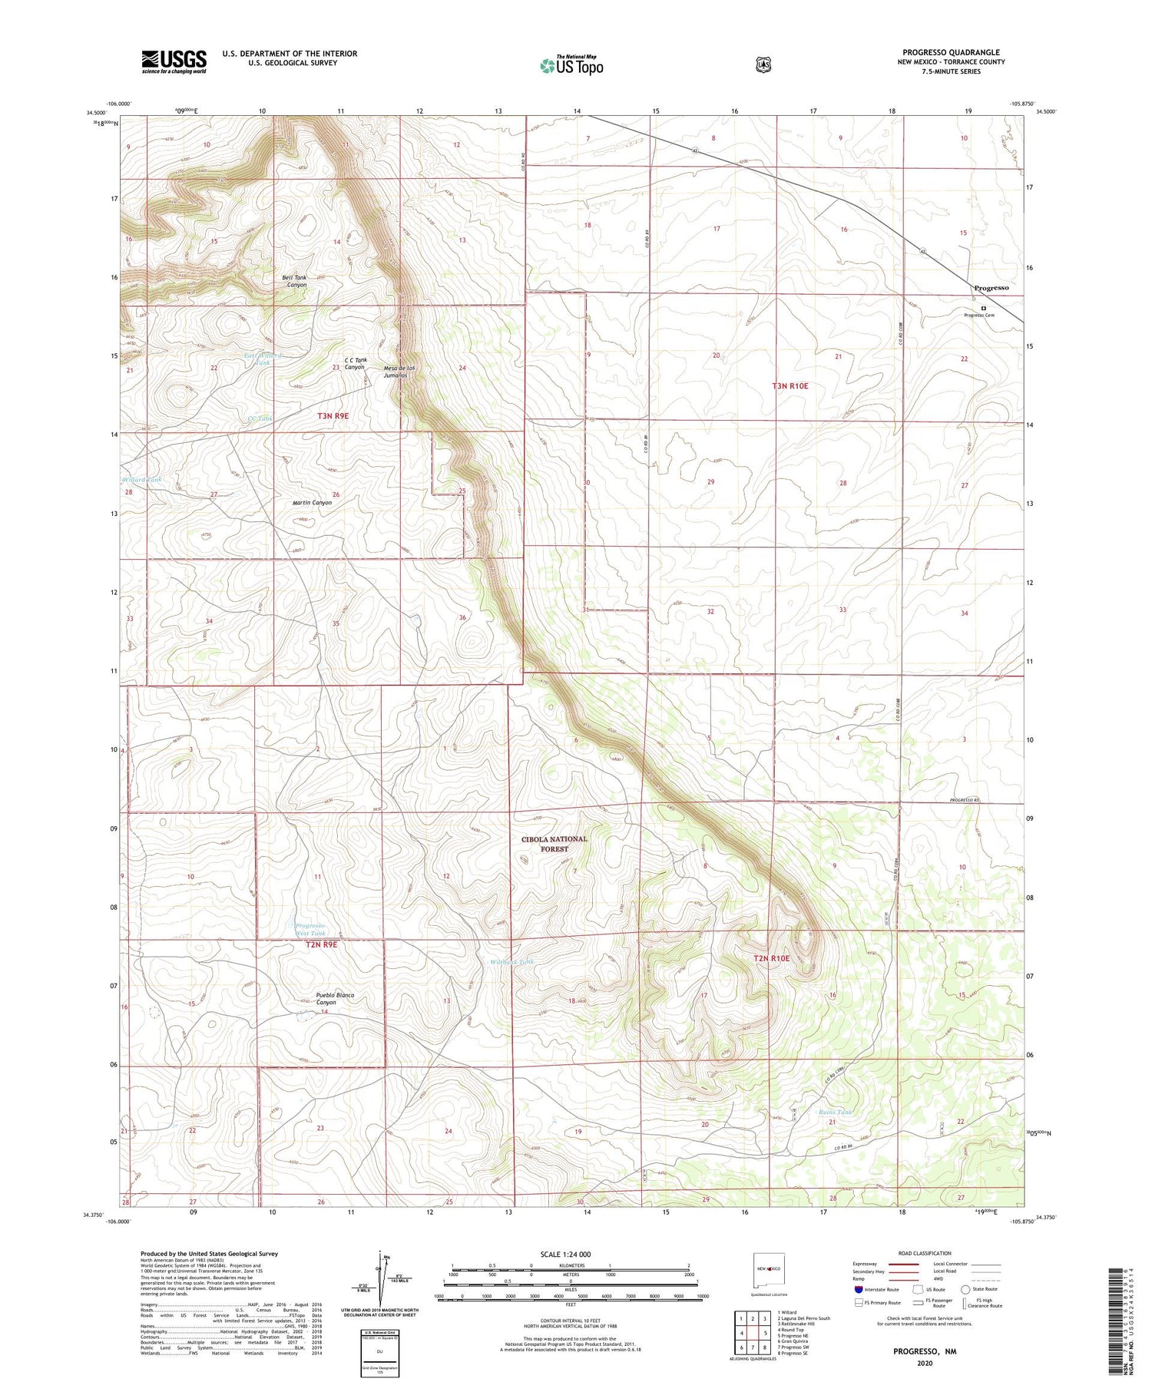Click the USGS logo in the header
click(x=174, y=61)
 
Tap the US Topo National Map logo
click(x=571, y=64)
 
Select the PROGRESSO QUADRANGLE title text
click(x=951, y=53)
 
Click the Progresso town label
click(x=991, y=288)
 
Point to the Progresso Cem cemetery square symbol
click(x=983, y=308)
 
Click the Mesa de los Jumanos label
click(x=399, y=372)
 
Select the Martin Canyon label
click(x=312, y=502)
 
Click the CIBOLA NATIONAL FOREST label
click(x=554, y=844)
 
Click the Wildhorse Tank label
click(x=511, y=961)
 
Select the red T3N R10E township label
click(x=790, y=386)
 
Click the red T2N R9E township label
click(x=321, y=944)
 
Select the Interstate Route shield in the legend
click(x=858, y=1289)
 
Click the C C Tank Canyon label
click(x=354, y=363)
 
